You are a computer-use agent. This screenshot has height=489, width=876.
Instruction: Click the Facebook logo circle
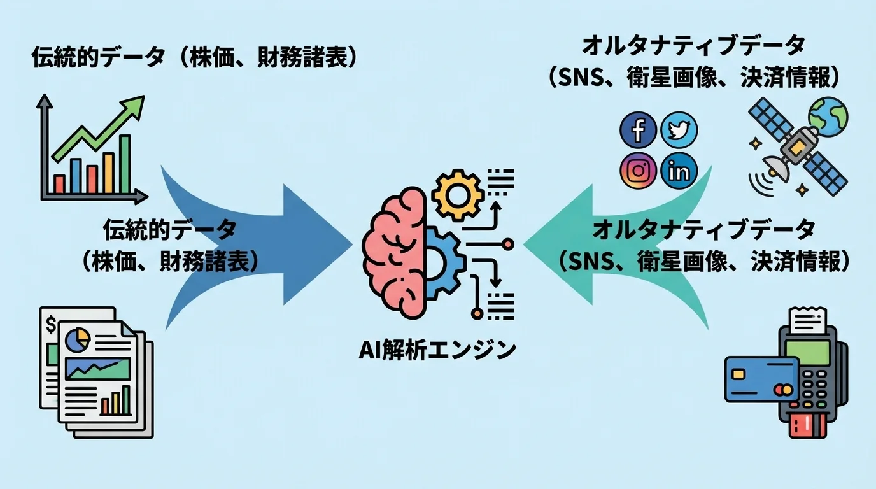point(638,131)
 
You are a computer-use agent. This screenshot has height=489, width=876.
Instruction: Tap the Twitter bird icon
point(679,131)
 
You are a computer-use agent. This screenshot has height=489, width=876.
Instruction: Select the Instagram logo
point(638,171)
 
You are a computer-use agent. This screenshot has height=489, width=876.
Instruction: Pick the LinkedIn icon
point(679,171)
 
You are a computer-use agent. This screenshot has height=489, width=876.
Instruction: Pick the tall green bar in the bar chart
point(125,164)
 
